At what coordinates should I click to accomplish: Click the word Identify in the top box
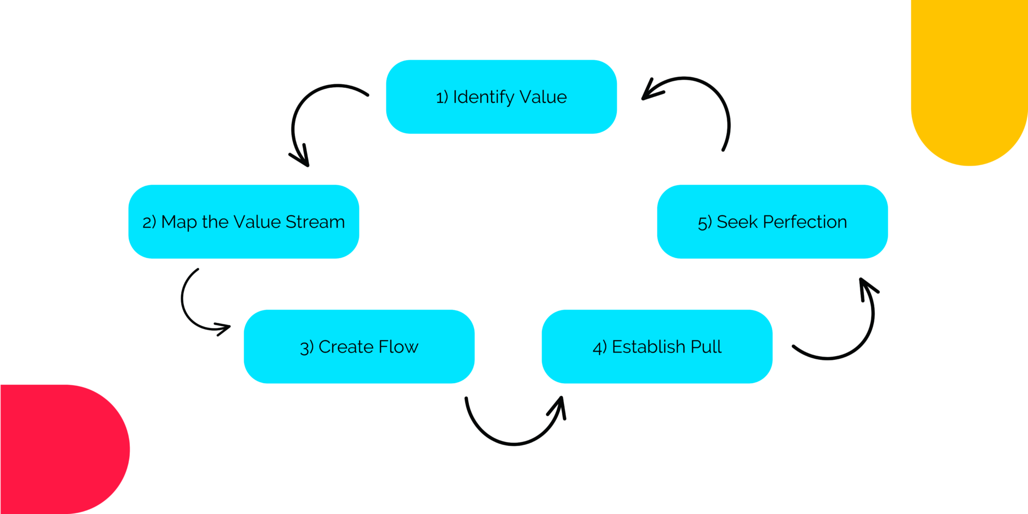(x=483, y=97)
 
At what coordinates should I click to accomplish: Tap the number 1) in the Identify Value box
(x=442, y=97)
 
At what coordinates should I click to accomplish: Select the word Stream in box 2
(x=315, y=222)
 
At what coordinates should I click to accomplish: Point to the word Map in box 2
(x=179, y=222)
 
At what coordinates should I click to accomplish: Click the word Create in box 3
(x=346, y=347)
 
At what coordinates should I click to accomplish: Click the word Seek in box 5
(x=737, y=222)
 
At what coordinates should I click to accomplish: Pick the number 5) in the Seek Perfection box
(x=705, y=222)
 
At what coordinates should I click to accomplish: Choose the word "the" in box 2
(x=215, y=222)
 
